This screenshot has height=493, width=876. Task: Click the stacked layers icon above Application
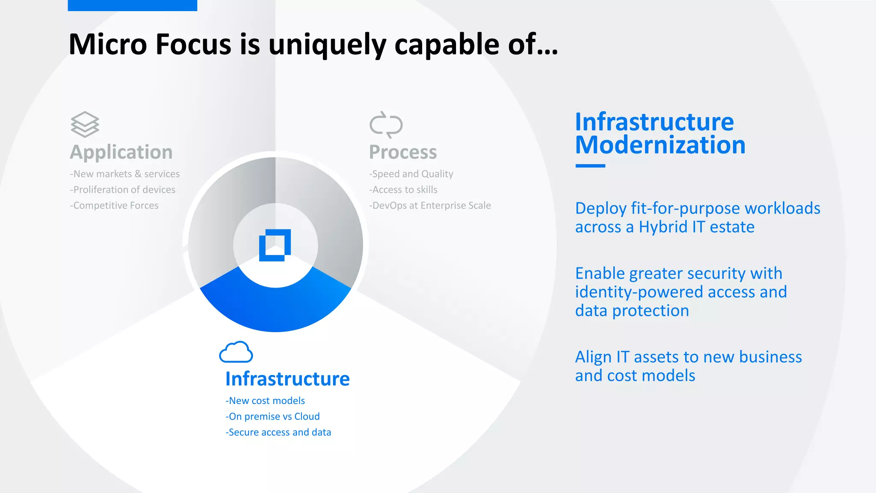[x=85, y=125]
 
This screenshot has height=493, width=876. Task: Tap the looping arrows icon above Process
[x=386, y=125]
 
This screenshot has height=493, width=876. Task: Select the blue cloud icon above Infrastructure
[x=236, y=352]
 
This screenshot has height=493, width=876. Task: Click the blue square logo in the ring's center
[x=275, y=245]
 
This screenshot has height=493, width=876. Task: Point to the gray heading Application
[x=121, y=152]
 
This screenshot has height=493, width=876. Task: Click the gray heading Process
[x=403, y=152]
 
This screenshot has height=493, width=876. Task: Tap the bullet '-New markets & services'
[x=124, y=174]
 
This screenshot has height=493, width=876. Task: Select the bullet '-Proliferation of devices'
[x=122, y=190]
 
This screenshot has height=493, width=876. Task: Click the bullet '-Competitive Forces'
[x=114, y=205]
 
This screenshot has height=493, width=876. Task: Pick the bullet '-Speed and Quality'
[x=411, y=174]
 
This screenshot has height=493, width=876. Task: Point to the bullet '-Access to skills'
[x=403, y=190]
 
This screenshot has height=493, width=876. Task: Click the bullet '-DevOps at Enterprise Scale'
[x=430, y=205]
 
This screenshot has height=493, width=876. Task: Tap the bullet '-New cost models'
[x=265, y=401]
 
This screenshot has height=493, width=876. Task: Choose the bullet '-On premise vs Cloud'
[x=272, y=416]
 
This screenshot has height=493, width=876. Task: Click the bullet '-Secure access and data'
[x=278, y=432]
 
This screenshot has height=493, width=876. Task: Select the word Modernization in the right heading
[x=660, y=145]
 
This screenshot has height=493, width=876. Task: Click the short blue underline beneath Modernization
[x=590, y=166]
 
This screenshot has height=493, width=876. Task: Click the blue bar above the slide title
[x=132, y=5]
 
